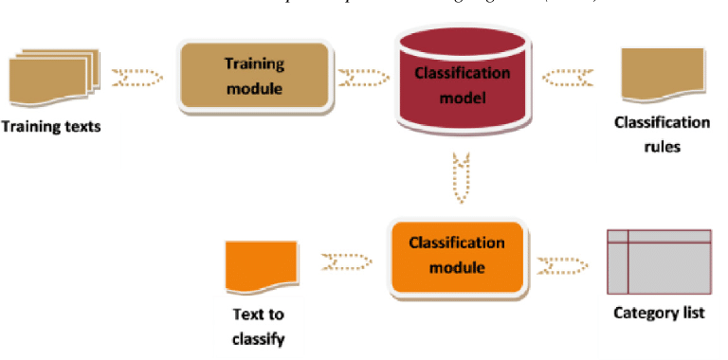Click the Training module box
coord(253,77)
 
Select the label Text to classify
coord(258,324)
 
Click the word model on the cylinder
coord(461,97)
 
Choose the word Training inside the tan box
coord(253,63)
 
